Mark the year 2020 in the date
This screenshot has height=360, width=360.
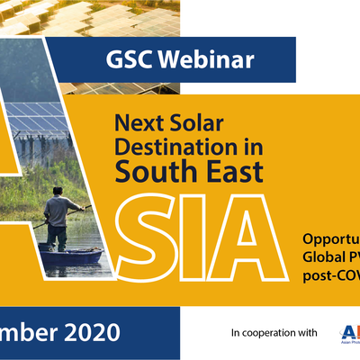pyautogui.click(x=86, y=332)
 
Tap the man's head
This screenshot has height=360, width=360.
pyautogui.click(x=57, y=192)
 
